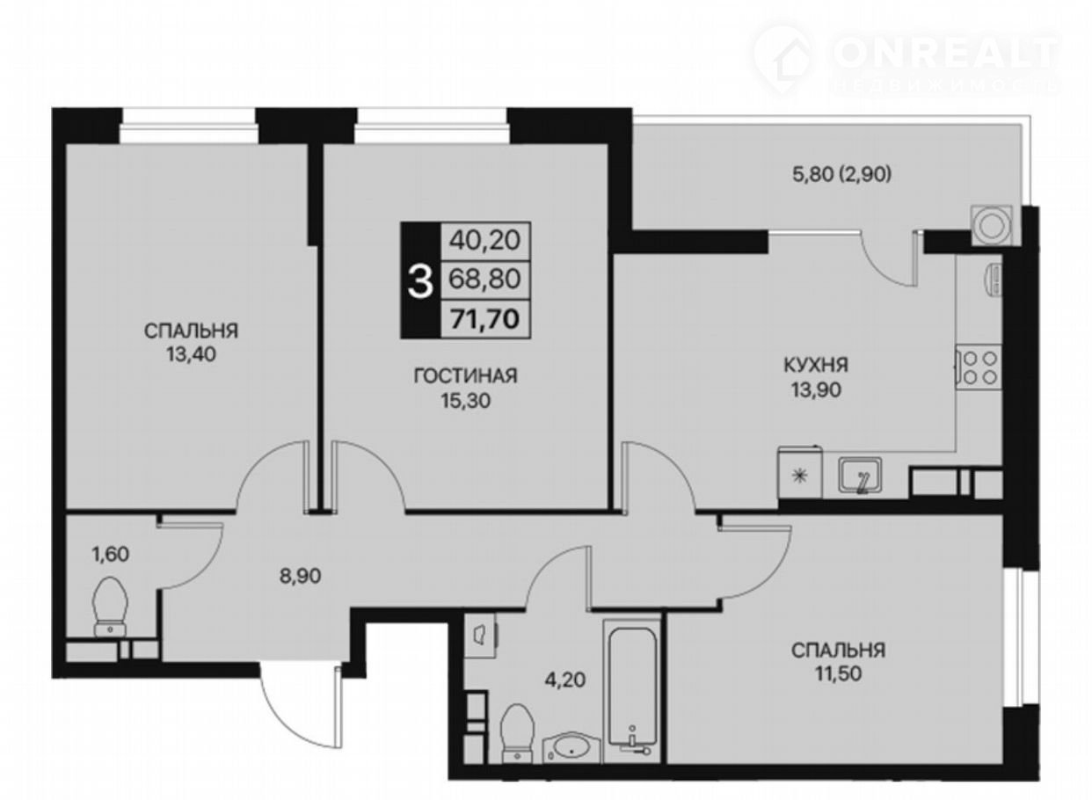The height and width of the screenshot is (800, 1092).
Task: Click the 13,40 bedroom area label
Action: coord(191,355)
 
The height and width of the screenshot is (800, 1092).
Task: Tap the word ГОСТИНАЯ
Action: coord(466,376)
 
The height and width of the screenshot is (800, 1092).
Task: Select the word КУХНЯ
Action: coord(816,365)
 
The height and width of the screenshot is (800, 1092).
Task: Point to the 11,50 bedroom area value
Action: coord(839,673)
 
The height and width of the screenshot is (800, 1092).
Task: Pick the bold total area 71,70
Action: coord(484,319)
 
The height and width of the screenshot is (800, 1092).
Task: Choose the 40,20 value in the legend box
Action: coord(485,240)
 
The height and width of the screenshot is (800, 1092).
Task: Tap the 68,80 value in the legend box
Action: coord(485,280)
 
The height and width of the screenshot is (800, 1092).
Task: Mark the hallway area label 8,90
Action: coord(301,576)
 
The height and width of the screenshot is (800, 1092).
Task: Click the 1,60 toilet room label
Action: coord(111,555)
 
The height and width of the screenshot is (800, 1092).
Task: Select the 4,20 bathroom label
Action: coord(565,679)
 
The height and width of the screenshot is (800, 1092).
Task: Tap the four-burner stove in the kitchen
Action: coord(979,367)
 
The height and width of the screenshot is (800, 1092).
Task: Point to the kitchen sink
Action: coord(860,475)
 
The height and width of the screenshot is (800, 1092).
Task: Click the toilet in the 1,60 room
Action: coord(110,607)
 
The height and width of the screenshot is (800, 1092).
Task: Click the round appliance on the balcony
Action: coord(992,225)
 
